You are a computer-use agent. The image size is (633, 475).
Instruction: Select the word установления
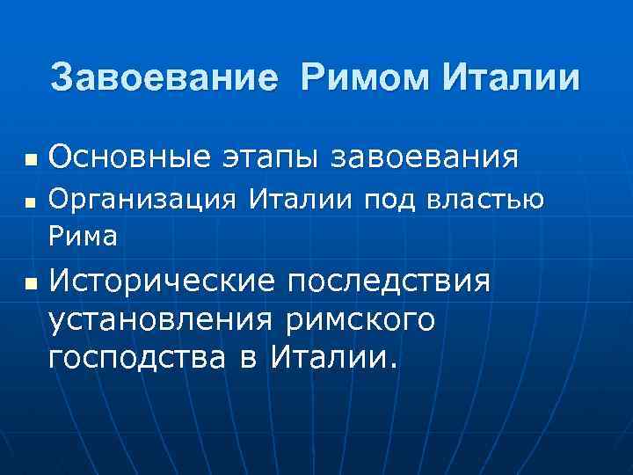(164, 320)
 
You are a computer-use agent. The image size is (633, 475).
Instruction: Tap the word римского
(360, 320)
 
